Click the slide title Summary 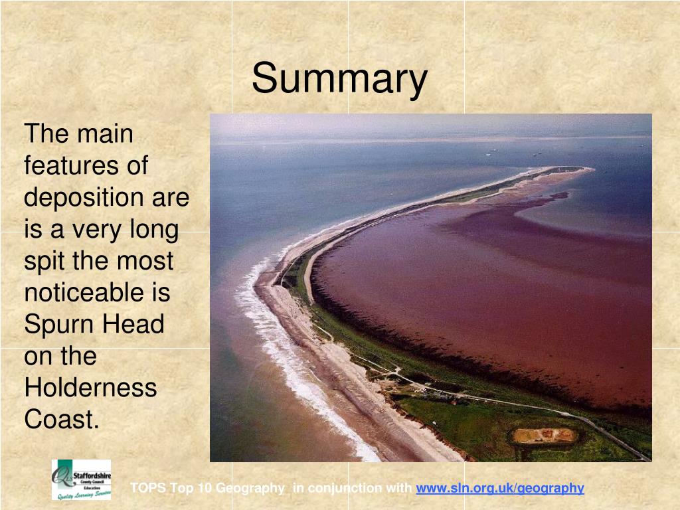pyautogui.click(x=339, y=78)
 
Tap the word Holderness pyautogui.click(x=90, y=387)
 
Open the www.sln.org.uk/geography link pyautogui.click(x=499, y=488)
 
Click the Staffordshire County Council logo pyautogui.click(x=82, y=479)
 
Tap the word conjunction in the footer pyautogui.click(x=345, y=488)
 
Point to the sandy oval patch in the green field pyautogui.click(x=544, y=435)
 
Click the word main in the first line pyautogui.click(x=105, y=134)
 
